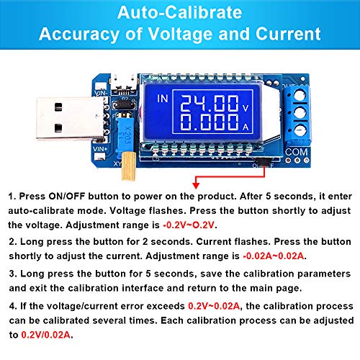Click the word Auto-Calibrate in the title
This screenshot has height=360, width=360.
point(179,12)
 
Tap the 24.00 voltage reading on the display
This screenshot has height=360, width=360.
point(210,103)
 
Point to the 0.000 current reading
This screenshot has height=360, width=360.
point(210,122)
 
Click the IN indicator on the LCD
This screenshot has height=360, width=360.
point(163,99)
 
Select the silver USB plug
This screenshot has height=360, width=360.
point(71,118)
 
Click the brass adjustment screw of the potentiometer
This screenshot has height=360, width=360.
point(128,166)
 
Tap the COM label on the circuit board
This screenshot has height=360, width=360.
point(297,152)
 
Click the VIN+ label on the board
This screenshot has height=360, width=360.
point(100,149)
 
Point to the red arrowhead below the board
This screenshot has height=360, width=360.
point(196,186)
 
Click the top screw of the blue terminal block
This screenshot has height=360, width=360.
point(300,96)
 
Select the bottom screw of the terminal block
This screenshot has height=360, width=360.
point(300,130)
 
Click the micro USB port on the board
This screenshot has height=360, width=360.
point(124,84)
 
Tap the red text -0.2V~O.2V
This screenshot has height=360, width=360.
point(189,225)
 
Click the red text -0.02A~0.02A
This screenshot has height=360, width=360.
point(274,256)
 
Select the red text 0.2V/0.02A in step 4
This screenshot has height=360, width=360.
point(45,335)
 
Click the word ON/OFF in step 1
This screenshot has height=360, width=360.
point(67,197)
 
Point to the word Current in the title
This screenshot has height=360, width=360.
point(288,34)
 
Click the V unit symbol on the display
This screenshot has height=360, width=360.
point(246,109)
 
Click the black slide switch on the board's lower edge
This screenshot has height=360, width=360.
point(264,161)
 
